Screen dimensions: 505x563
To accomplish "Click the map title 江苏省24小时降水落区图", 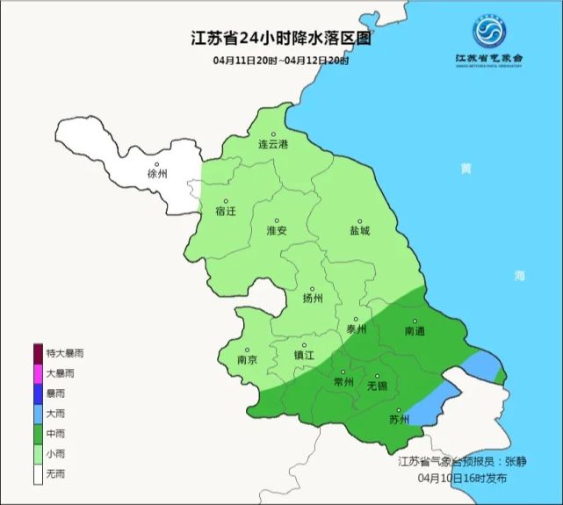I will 281,40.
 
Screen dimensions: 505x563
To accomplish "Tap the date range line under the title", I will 281,61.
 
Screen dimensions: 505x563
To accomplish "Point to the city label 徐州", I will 157,174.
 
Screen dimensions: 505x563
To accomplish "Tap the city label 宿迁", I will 226,212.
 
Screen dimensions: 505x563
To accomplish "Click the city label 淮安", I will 277,230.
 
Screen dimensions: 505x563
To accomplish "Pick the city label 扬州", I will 313,298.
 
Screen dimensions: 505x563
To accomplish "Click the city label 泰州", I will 356,329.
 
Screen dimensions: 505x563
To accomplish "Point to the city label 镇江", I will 303,357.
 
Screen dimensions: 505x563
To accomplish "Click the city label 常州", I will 343,383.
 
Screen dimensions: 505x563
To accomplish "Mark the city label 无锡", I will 376,385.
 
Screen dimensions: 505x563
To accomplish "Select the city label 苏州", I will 398,419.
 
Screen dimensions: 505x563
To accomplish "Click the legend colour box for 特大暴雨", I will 39,353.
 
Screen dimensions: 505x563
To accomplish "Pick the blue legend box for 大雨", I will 39,414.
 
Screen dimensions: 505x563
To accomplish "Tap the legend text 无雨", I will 55,474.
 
